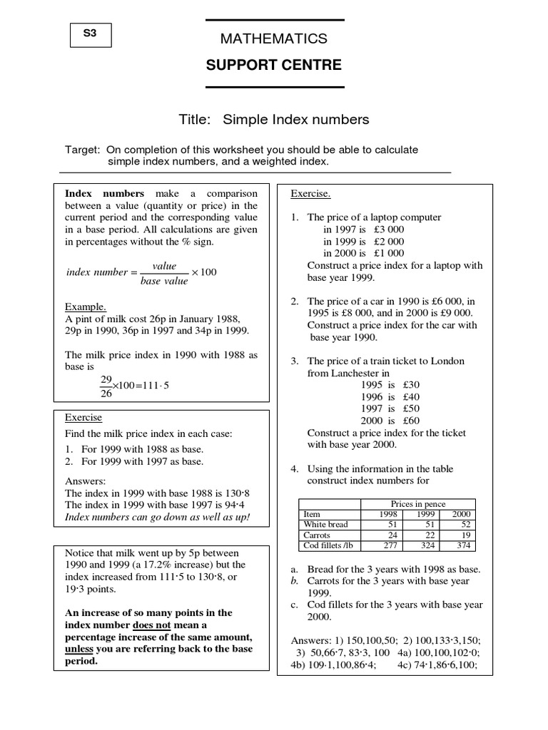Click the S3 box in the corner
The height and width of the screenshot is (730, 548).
[91, 35]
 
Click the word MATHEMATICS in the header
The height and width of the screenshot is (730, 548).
[275, 38]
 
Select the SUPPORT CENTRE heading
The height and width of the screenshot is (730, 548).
[274, 66]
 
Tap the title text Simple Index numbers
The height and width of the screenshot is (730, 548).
[295, 120]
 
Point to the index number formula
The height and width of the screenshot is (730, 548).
[141, 273]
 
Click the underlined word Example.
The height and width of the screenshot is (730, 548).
[86, 306]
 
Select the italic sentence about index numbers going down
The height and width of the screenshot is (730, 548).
[158, 516]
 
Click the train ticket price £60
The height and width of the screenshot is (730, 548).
[410, 421]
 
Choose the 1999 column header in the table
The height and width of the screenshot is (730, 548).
[426, 514]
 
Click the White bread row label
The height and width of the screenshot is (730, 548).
[325, 524]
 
